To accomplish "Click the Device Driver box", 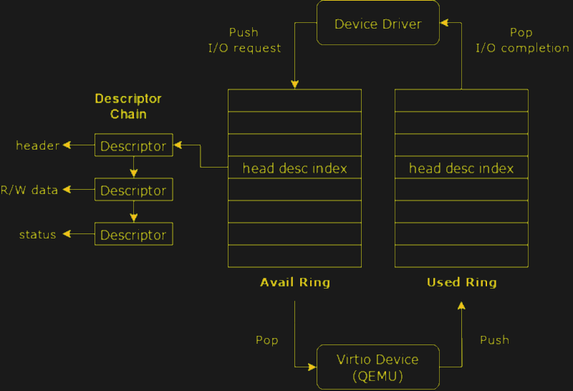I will point(377,24).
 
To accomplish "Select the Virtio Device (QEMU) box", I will point(377,366).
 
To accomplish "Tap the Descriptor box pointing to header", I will point(134,145).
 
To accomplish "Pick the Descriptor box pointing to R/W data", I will point(134,190).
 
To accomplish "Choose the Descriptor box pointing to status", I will point(134,234).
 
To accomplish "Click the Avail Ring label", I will point(294,282).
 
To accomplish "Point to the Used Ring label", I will point(461,282).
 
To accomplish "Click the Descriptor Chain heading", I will point(128,106).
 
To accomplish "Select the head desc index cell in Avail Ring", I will point(294,168).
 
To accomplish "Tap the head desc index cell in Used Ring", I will point(461,168).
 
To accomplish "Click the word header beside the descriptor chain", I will point(38,145).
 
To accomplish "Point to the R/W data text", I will point(29,190).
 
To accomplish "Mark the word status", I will point(38,234).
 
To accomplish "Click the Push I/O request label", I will point(244,41).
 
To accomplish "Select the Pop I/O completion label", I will point(521,41).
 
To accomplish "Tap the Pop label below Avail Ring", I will point(266,339).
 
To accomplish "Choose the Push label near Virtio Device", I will point(494,339).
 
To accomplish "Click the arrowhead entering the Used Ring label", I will point(461,306).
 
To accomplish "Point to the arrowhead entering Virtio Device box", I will point(312,367).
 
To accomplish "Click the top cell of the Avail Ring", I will point(294,100).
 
